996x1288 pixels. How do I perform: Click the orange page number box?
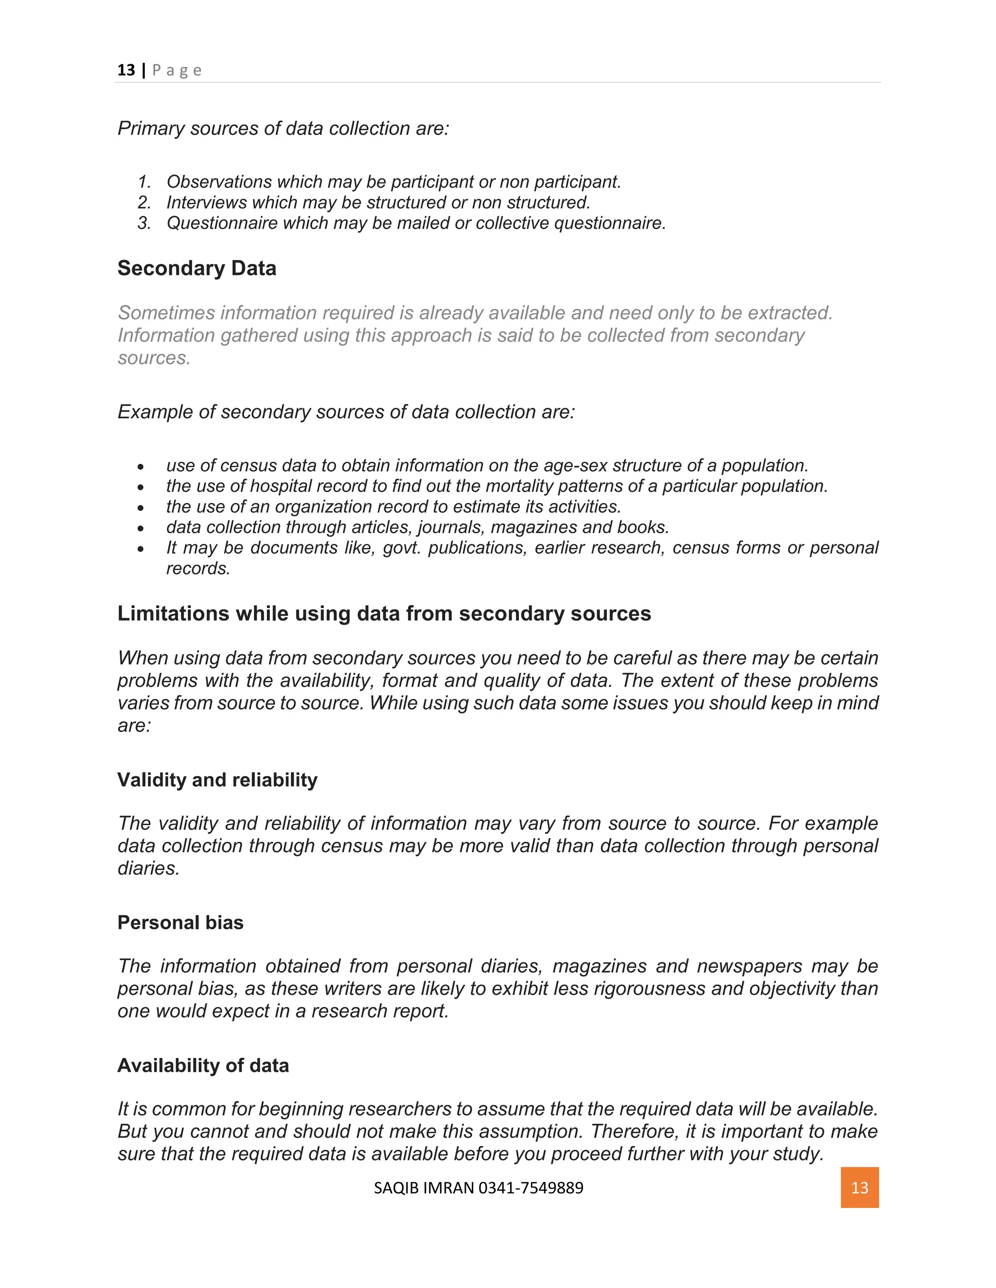point(859,1187)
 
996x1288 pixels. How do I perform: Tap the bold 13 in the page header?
point(125,70)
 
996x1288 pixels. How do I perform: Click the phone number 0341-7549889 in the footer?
point(531,1188)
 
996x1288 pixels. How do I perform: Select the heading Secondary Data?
point(196,268)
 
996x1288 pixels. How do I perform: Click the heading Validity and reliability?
point(217,780)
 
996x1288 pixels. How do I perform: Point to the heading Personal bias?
point(180,922)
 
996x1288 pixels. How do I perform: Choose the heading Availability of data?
point(203,1065)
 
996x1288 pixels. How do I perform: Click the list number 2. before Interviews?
point(144,203)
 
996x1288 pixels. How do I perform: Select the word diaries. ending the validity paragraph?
point(148,868)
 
